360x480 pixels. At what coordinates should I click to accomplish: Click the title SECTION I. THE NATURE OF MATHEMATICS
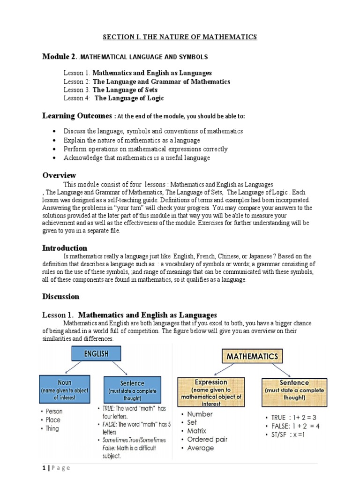coord(180,37)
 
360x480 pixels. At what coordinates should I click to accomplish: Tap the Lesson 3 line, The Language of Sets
coord(111,90)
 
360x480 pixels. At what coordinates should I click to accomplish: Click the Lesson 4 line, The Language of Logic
coord(114,98)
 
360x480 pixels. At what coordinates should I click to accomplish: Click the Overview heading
coord(59,175)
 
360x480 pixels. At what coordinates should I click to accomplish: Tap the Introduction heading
coord(65,247)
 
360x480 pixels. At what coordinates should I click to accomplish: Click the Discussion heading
coord(61,296)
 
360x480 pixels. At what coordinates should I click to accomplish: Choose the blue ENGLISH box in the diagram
coord(97,354)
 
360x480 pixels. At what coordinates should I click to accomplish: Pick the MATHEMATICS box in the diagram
coord(252,357)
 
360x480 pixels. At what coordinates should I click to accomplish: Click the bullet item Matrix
coord(196,431)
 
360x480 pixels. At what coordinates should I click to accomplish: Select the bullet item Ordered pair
coord(207,439)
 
